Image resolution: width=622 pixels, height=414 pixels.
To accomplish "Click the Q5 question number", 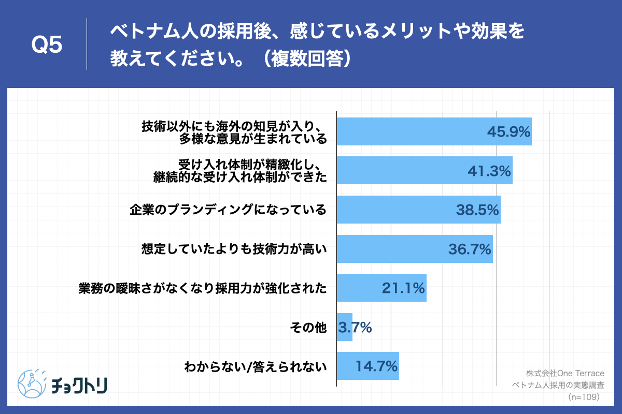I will (47, 46).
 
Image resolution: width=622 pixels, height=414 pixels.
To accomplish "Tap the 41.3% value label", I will (489, 171).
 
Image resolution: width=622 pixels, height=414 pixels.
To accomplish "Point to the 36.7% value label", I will (470, 249).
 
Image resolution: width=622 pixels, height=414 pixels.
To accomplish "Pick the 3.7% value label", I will (355, 327).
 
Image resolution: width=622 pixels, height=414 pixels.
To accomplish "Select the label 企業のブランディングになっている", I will (228, 210).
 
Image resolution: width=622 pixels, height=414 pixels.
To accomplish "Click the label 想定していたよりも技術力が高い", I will (234, 249).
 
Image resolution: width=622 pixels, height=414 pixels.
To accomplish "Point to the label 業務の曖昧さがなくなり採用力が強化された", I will (203, 288).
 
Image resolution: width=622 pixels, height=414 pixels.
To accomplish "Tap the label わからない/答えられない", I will (256, 367).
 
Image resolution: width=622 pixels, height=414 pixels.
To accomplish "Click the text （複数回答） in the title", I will (307, 58).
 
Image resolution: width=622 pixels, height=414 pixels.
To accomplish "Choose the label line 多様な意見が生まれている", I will (253, 139).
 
